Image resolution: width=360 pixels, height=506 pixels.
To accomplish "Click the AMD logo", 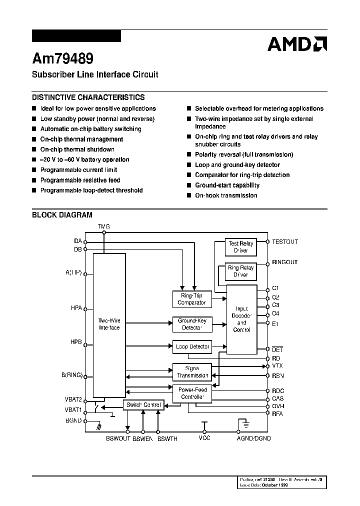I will [297, 44].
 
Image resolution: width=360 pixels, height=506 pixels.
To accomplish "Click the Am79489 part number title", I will [62, 59].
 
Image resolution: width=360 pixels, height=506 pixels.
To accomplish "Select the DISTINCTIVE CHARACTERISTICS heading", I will [88, 97].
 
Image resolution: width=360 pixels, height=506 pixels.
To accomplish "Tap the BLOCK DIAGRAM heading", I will [62, 215].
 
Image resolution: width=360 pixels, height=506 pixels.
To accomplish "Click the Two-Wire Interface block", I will [109, 324].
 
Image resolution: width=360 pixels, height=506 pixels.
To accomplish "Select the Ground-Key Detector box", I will [192, 324].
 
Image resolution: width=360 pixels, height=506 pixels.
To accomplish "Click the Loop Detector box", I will [192, 346].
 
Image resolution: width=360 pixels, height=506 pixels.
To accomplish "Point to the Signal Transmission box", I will [192, 372].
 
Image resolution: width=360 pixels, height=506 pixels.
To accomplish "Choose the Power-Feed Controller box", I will [192, 393].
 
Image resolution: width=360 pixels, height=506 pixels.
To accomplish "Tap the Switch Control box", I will [143, 405].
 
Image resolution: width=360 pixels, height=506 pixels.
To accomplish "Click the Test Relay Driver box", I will [240, 246].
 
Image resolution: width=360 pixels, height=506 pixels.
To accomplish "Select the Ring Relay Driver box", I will [240, 271].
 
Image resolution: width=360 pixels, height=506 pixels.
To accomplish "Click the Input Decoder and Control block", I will [241, 319].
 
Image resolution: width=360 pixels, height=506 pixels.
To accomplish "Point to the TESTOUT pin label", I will [284, 242].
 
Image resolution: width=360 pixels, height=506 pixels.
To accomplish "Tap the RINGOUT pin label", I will [284, 262].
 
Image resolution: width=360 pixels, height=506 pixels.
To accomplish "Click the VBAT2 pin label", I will [73, 400].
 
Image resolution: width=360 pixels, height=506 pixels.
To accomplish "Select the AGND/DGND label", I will [254, 438].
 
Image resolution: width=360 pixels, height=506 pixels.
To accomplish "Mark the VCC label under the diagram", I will [204, 438].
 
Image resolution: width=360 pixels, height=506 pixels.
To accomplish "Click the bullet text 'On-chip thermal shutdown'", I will [77, 149].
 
